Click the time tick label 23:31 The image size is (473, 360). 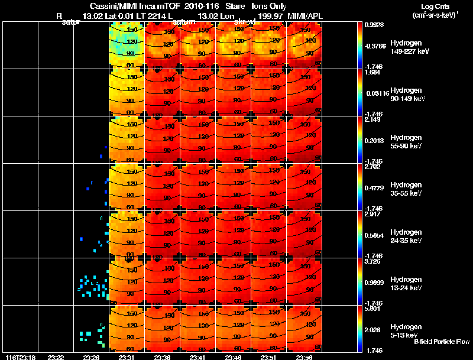click(x=127, y=356)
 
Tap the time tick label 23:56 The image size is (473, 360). click(x=304, y=356)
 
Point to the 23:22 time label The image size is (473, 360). click(x=56, y=356)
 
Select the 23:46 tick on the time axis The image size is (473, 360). click(x=234, y=356)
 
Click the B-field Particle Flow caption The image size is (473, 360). click(x=442, y=342)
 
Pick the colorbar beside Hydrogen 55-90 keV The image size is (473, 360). click(x=361, y=140)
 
